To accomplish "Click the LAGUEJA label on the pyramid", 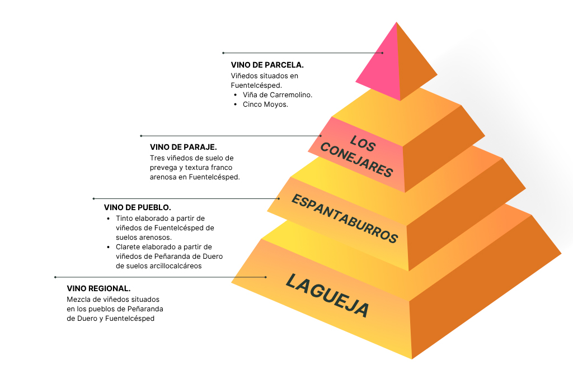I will [x=327, y=295].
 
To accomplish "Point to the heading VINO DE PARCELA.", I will [x=267, y=65].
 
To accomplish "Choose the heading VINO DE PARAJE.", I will [x=183, y=147].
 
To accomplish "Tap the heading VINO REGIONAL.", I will [x=98, y=288].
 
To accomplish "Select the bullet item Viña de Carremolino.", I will [x=277, y=95].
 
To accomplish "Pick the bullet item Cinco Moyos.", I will [x=265, y=105].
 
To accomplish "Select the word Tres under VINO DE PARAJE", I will [x=157, y=158].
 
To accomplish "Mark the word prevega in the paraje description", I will [x=165, y=167].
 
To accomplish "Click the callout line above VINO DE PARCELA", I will [x=302, y=53].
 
